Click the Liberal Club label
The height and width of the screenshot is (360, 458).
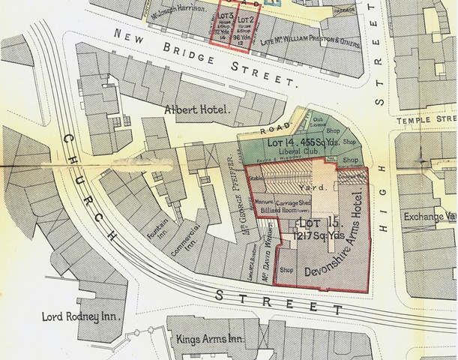point(281,155)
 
